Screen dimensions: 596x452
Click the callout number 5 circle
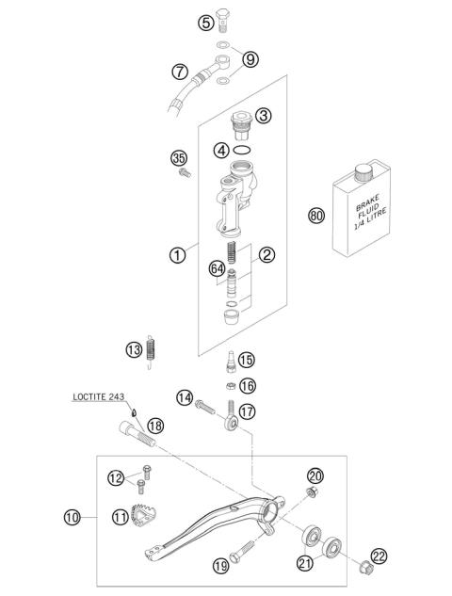(205, 24)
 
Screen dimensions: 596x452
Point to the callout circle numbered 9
(250, 59)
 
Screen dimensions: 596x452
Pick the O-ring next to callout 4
(241, 151)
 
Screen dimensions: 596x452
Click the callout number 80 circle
(316, 216)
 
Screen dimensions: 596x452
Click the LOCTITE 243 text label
(99, 397)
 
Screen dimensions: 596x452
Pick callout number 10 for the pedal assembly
(73, 515)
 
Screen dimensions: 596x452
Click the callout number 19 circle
(220, 566)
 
